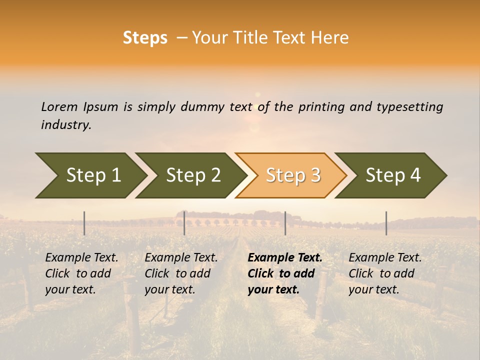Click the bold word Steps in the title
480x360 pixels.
[145, 38]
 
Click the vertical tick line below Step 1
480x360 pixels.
[84, 223]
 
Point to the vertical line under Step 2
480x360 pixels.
[184, 223]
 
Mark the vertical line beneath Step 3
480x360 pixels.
[285, 223]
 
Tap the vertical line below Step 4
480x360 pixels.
[386, 223]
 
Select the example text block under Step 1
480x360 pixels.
[81, 273]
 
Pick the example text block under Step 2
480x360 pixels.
[181, 273]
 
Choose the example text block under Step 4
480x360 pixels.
[385, 273]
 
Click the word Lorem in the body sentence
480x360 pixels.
[59, 107]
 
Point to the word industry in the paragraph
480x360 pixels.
[65, 125]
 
